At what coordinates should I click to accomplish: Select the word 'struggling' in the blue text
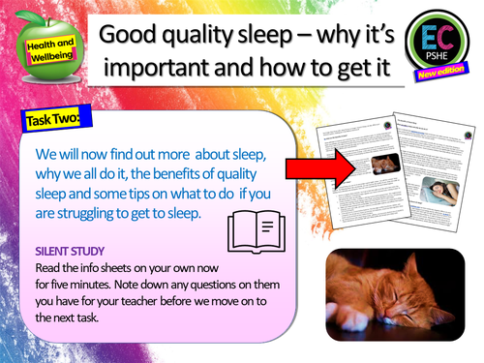(90, 218)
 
